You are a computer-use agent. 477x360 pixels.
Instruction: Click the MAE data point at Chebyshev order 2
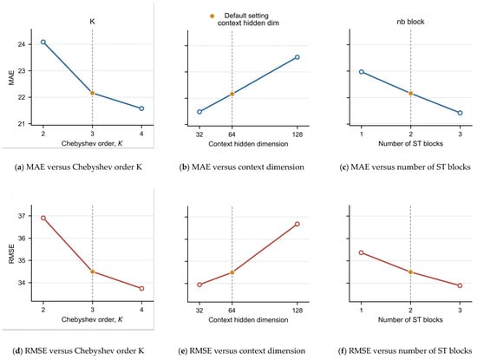tap(43, 42)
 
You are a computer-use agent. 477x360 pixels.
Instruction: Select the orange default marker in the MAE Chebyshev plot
tap(93, 93)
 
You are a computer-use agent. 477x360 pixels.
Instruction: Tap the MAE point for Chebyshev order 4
tap(141, 108)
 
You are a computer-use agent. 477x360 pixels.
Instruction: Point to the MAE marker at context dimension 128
tap(297, 57)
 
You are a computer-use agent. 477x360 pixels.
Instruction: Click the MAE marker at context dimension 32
tap(199, 112)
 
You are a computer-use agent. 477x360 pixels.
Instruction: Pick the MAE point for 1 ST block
tap(362, 72)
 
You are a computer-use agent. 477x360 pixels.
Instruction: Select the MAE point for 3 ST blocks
tap(460, 113)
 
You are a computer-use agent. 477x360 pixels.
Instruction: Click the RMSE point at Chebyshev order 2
tap(43, 218)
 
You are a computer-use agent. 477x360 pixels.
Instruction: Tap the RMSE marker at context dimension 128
tap(297, 224)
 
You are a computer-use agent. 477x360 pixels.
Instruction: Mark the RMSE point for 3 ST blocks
tap(460, 285)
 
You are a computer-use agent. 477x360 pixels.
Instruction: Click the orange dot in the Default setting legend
tap(212, 16)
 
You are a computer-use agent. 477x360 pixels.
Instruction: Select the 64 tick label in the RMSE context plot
tap(232, 310)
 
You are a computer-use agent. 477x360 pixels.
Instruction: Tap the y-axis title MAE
tap(11, 78)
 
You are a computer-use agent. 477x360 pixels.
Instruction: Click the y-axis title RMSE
tap(11, 254)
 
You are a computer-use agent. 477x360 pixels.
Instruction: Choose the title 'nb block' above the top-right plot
tap(410, 22)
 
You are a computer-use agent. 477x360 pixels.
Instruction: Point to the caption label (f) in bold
tap(343, 350)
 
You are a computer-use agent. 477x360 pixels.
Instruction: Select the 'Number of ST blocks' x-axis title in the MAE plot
tap(410, 143)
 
